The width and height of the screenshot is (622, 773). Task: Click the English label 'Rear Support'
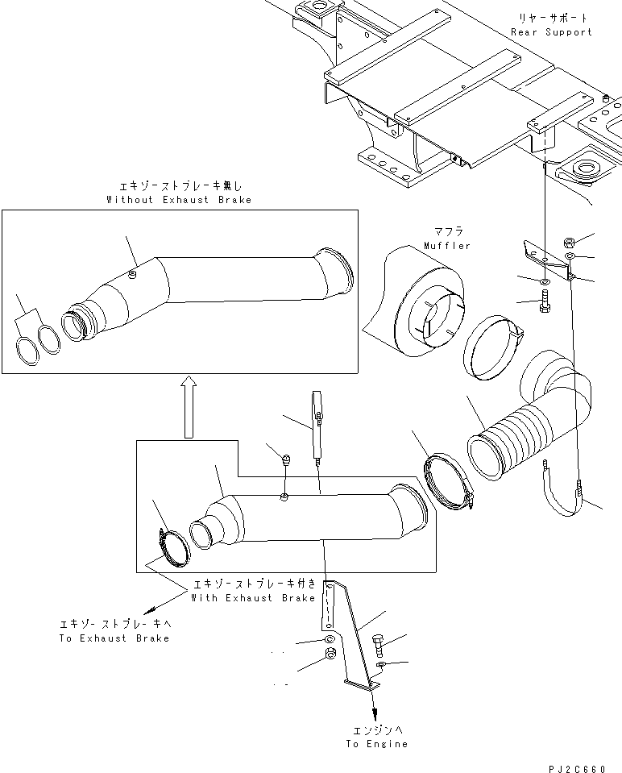click(x=551, y=32)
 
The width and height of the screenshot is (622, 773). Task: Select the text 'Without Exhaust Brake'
click(x=179, y=199)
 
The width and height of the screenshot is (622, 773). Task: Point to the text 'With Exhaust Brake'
click(x=253, y=598)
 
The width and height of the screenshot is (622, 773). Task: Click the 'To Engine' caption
click(x=377, y=744)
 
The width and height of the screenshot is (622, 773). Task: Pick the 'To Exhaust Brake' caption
click(x=114, y=638)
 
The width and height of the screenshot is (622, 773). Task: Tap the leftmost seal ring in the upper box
click(x=28, y=352)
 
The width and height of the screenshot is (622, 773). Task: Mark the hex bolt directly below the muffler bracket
click(x=545, y=305)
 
